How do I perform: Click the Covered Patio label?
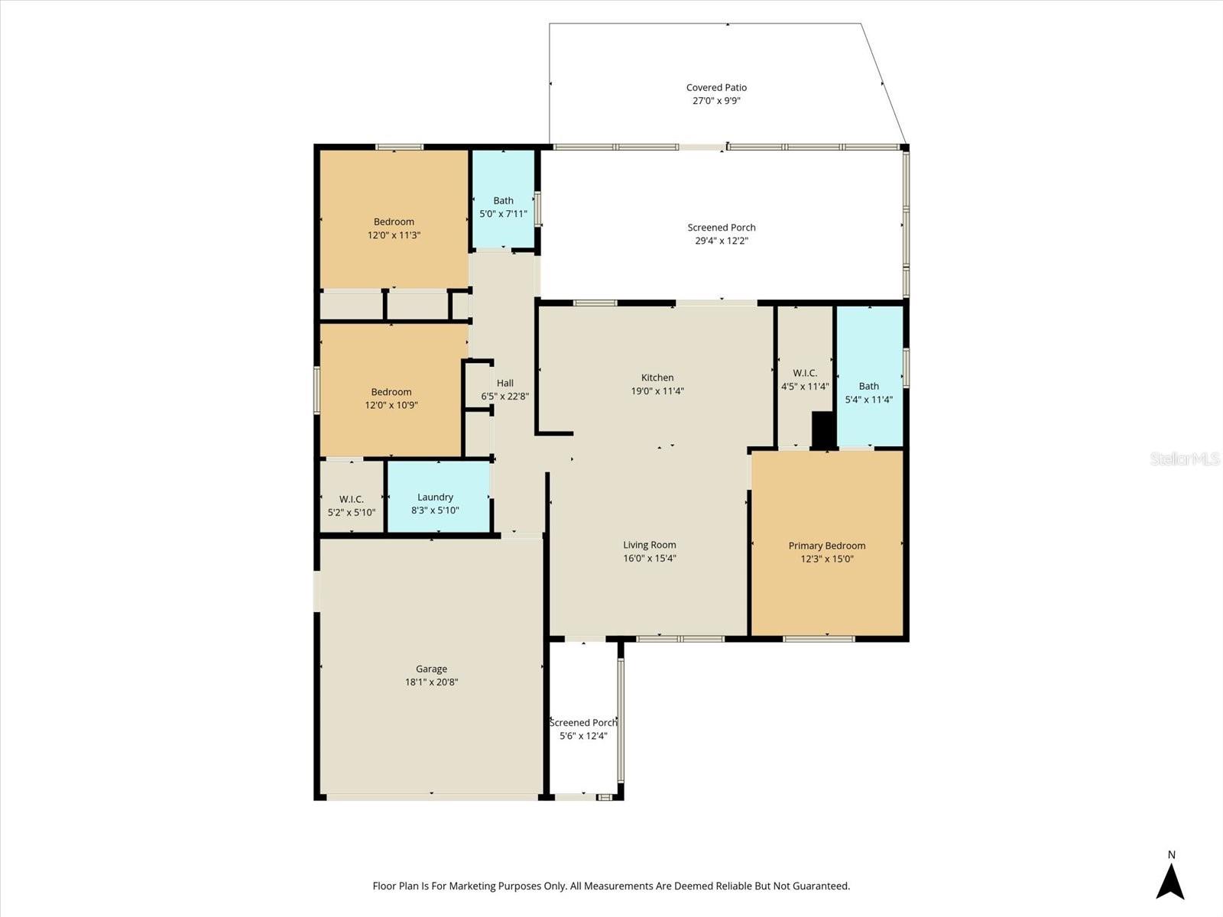click(x=716, y=88)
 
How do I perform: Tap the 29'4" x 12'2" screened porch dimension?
click(x=721, y=241)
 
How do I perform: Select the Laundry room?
click(x=436, y=497)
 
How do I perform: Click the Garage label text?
click(x=431, y=669)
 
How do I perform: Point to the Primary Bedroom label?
click(x=827, y=546)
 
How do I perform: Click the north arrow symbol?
click(x=1170, y=880)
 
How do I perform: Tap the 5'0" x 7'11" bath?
click(x=503, y=207)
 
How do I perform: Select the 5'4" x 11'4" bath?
click(x=869, y=392)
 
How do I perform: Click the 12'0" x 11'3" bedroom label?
click(x=394, y=228)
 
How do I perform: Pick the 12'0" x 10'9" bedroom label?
click(x=391, y=399)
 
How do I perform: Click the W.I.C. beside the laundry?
click(x=352, y=505)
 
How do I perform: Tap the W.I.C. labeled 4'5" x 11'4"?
click(x=805, y=380)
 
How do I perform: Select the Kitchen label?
click(x=657, y=377)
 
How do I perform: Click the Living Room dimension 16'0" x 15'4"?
click(x=650, y=559)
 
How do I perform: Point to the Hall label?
click(x=505, y=384)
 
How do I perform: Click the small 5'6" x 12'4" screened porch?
click(x=583, y=729)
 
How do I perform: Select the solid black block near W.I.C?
click(x=823, y=429)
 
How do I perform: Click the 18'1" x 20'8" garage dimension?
click(x=431, y=682)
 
